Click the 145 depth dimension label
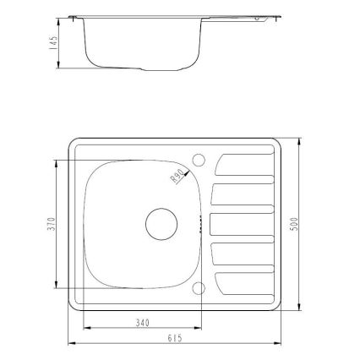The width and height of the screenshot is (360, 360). click(53, 42)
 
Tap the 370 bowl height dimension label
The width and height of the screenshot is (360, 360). click(52, 224)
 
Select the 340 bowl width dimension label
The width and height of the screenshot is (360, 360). click(143, 323)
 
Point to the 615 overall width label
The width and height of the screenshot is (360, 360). click(175, 338)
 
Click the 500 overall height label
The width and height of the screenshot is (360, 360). click(294, 224)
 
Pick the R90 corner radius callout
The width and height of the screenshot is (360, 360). click(177, 177)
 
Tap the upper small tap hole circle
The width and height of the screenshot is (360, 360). click(199, 160)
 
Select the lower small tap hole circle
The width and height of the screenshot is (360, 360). click(199, 288)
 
